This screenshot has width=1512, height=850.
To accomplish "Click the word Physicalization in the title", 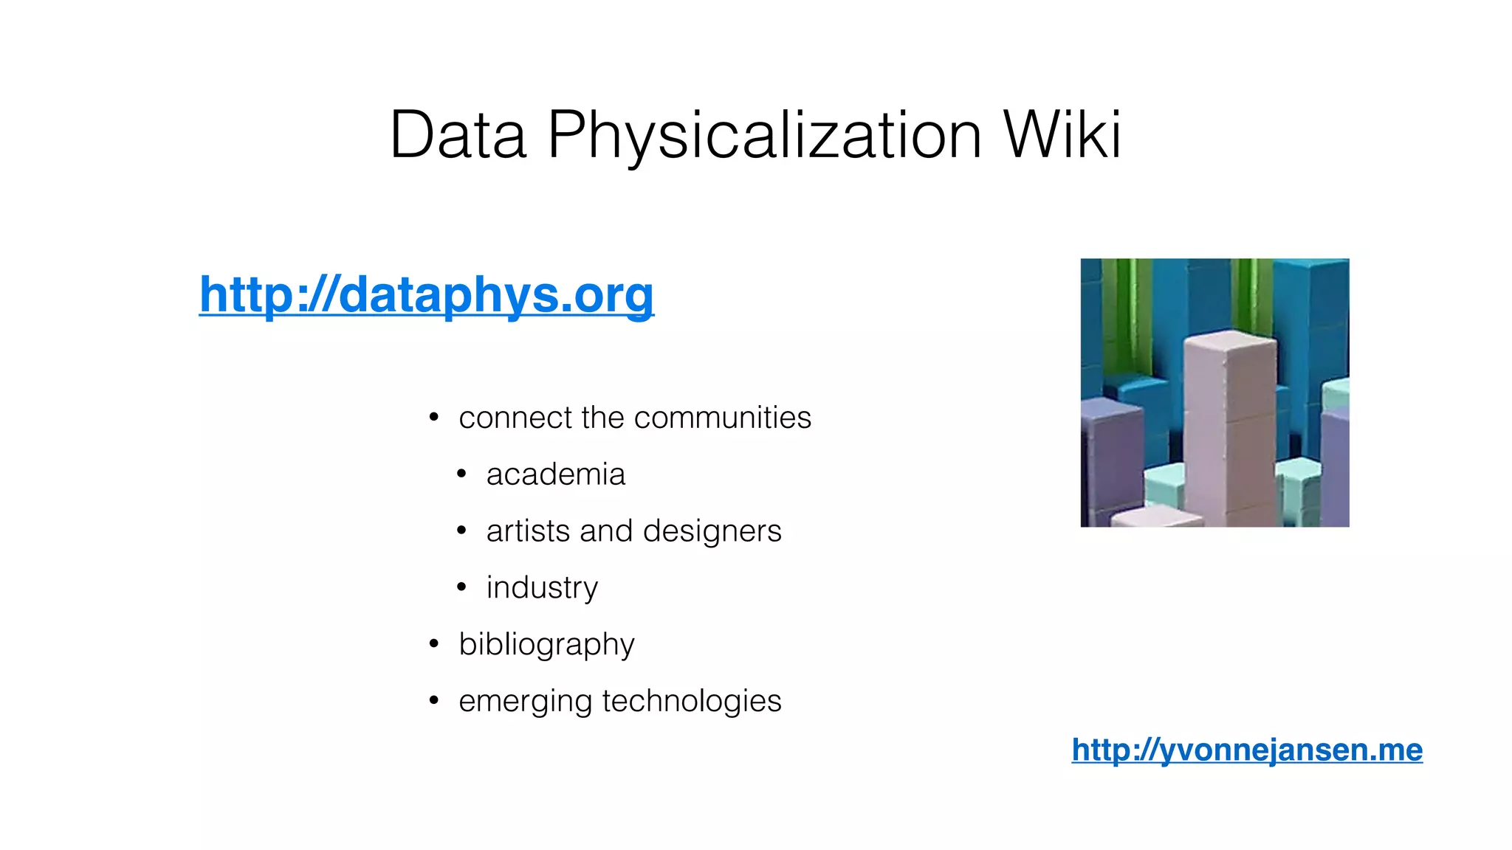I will pyautogui.click(x=764, y=137).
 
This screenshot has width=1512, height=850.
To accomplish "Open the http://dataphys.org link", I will pyautogui.click(x=427, y=294).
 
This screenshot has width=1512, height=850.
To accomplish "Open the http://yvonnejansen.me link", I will pyautogui.click(x=1247, y=750).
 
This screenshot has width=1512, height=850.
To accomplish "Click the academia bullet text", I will pyautogui.click(x=555, y=474).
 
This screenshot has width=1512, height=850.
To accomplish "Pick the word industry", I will pyautogui.click(x=542, y=588).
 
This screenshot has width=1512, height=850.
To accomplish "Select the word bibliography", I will pyautogui.click(x=546, y=645).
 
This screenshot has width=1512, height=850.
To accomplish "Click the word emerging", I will pyautogui.click(x=525, y=702).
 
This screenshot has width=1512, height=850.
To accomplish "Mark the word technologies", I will pyautogui.click(x=692, y=701).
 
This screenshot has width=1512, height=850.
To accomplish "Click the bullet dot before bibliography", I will pyautogui.click(x=434, y=644).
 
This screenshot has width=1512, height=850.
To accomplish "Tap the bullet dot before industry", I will pyautogui.click(x=461, y=587).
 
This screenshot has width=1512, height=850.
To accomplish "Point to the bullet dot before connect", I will pyautogui.click(x=434, y=418).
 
